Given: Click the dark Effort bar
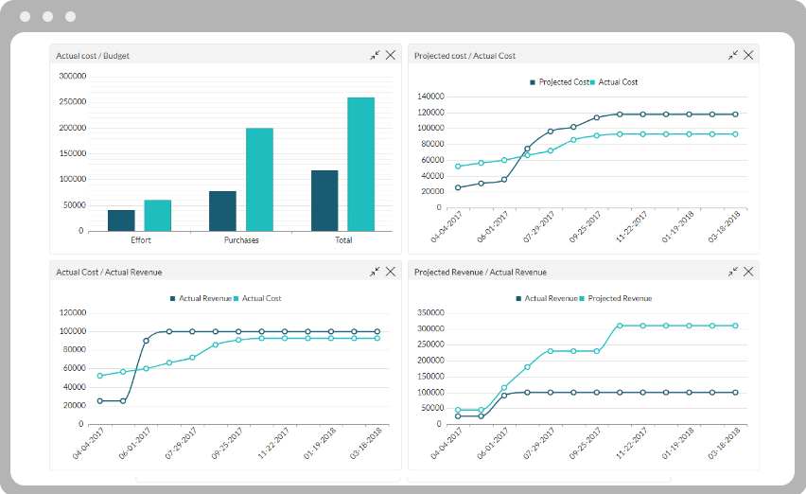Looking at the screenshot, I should coord(121,220).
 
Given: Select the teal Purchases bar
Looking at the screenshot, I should coord(259,179).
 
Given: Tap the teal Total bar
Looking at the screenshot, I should coord(360,164).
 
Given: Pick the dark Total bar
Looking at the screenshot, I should coord(324,200).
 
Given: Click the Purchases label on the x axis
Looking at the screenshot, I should coord(241,240).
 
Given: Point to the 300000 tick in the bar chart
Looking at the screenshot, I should coord(72,76).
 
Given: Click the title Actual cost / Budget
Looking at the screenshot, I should coord(93,56).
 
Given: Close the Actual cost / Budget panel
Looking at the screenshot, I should coord(391,55).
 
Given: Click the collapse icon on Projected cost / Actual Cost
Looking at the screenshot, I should coord(733,55).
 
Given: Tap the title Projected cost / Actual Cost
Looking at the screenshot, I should coord(464,56).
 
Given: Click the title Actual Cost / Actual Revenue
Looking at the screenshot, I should coord(109,273).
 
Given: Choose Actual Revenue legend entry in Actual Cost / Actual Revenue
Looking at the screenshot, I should coord(201,299).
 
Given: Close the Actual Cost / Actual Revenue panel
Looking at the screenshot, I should coord(391,272).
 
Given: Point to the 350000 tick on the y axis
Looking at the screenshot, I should coord(429,312).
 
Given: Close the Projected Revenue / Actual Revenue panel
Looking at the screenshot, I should coord(748,272).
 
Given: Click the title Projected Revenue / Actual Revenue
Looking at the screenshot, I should coord(481,273).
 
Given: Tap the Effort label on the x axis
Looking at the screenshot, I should coord(140,240).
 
